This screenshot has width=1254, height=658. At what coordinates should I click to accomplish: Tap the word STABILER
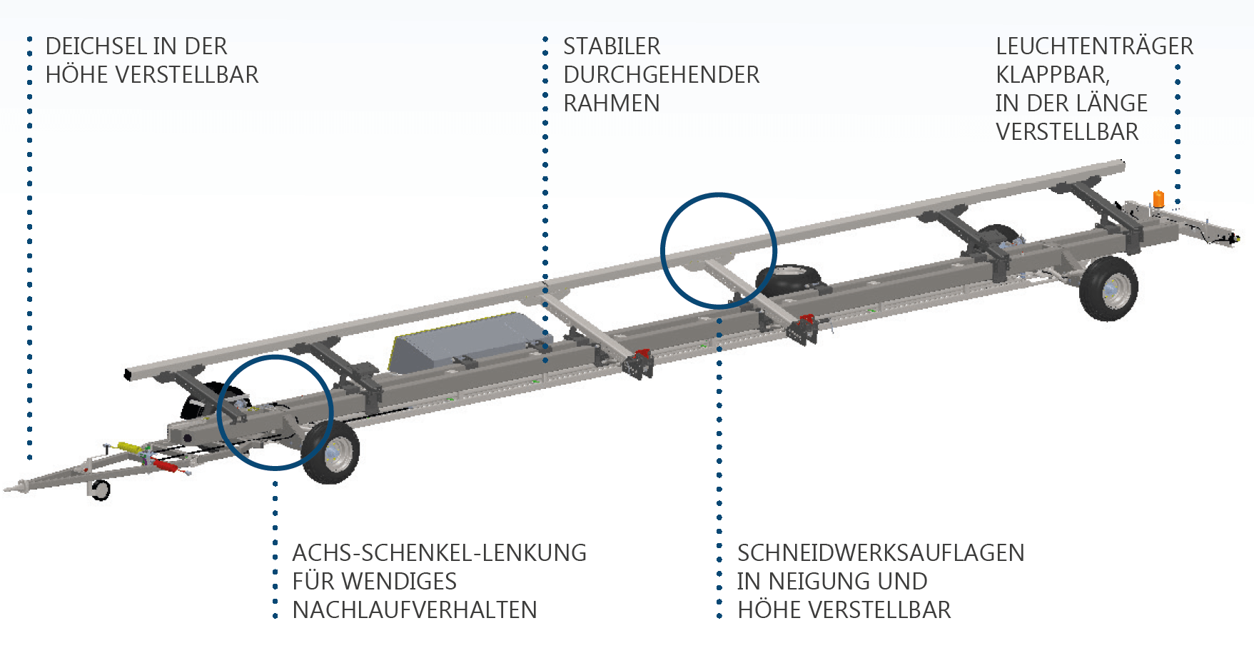(x=612, y=46)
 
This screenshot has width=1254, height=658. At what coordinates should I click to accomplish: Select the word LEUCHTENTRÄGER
(x=1094, y=46)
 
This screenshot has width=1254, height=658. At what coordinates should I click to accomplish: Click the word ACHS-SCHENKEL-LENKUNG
(x=439, y=553)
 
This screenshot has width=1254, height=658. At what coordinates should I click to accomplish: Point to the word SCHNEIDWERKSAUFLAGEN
(x=881, y=553)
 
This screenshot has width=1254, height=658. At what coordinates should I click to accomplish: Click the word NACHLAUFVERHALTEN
(x=415, y=610)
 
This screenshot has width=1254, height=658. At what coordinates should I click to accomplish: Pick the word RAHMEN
(x=612, y=103)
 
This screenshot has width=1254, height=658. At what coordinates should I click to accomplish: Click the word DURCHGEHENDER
(x=662, y=75)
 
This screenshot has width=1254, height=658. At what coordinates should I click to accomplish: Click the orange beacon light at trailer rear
(x=1158, y=198)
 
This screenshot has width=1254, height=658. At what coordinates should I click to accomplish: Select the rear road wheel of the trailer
(x=1108, y=288)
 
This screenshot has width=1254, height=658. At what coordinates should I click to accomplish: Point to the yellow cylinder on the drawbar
(x=129, y=447)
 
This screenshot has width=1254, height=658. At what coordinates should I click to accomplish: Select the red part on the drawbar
(x=165, y=466)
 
